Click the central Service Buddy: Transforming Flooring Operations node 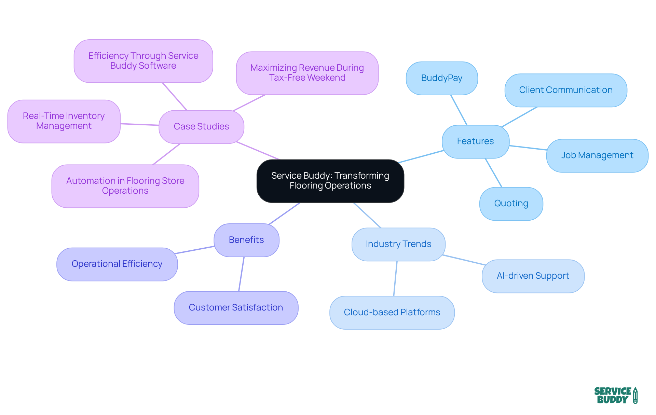pyautogui.click(x=330, y=181)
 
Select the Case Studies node pyautogui.click(x=201, y=127)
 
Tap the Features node pyautogui.click(x=475, y=141)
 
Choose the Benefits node pyautogui.click(x=246, y=240)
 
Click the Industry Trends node pyautogui.click(x=398, y=244)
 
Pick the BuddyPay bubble pyautogui.click(x=441, y=78)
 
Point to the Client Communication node pyautogui.click(x=565, y=90)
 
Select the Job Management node pyautogui.click(x=597, y=155)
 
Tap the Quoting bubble pyautogui.click(x=511, y=204)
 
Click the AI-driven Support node pyautogui.click(x=533, y=276)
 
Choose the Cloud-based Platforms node pyautogui.click(x=392, y=313)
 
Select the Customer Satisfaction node pyautogui.click(x=236, y=308)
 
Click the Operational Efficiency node pyautogui.click(x=117, y=264)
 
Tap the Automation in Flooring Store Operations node pyautogui.click(x=125, y=186)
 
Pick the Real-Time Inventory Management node pyautogui.click(x=64, y=121)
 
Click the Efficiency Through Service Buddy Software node pyautogui.click(x=143, y=61)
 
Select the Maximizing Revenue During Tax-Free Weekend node pyautogui.click(x=307, y=73)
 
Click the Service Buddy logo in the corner pyautogui.click(x=616, y=395)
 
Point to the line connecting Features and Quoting pyautogui.click(x=494, y=173)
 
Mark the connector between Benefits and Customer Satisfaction pyautogui.click(x=241, y=274)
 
